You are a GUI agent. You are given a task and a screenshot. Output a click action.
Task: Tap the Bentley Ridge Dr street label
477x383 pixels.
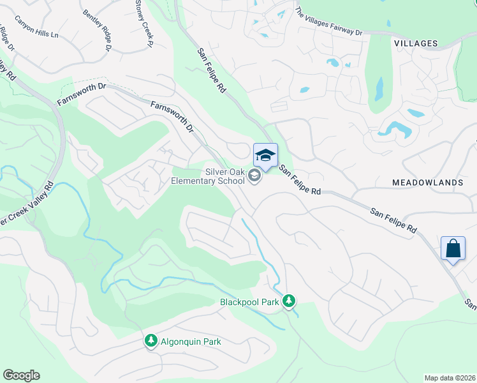[97, 31]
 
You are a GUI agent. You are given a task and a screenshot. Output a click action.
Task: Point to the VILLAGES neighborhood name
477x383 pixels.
[416, 43]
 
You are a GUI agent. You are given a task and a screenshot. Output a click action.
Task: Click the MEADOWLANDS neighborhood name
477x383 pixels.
[428, 183]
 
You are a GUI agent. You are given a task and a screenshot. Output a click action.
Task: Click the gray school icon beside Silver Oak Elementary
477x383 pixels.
[255, 176]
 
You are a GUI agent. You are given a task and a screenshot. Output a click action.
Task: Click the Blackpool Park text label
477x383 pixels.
[249, 302]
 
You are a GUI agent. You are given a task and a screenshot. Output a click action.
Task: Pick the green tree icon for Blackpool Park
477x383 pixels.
[290, 300]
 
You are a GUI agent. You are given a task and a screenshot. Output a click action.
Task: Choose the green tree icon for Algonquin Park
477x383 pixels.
[151, 342]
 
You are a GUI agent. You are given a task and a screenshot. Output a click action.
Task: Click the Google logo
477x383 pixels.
[21, 375]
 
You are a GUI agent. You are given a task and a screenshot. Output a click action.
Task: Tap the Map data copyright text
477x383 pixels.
[450, 378]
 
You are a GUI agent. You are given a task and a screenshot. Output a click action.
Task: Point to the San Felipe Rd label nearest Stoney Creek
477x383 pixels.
[212, 71]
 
